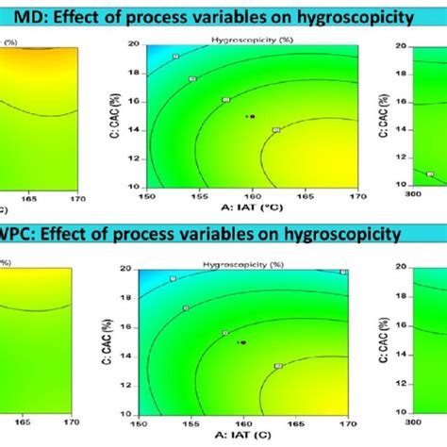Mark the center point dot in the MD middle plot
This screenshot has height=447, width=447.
251,117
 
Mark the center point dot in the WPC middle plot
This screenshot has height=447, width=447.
243,343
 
